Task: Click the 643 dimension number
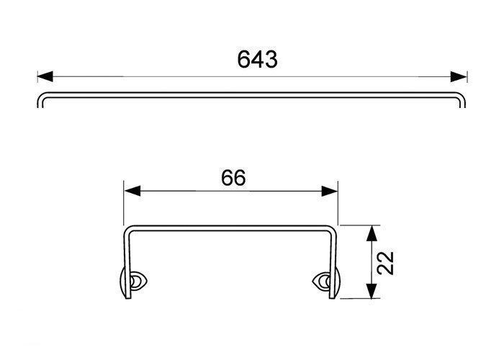point(257,60)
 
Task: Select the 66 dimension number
point(233,178)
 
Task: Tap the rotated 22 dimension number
point(385,263)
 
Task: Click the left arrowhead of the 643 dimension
point(45,77)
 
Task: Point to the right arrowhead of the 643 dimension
point(459,77)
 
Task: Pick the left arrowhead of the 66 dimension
point(132,191)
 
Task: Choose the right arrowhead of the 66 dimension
point(330,191)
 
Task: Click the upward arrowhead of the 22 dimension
point(372,233)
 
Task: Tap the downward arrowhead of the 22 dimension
point(372,291)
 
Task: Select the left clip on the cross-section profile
point(132,282)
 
